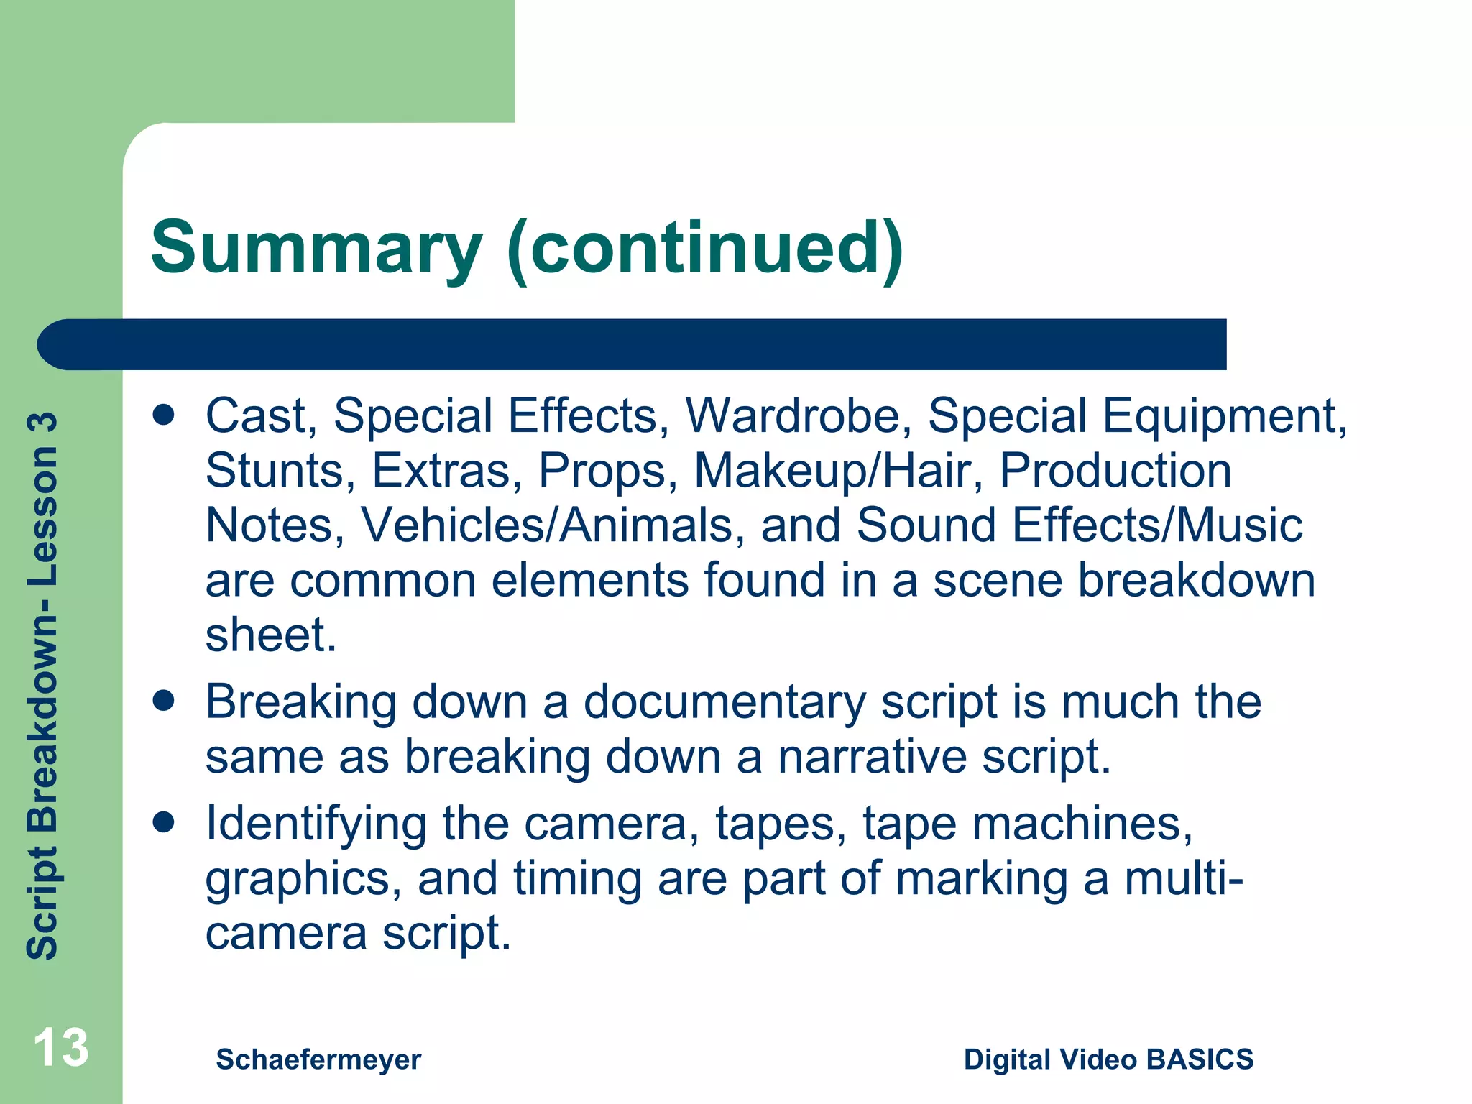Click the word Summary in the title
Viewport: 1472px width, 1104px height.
pos(316,248)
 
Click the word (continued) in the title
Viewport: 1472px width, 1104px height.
pos(704,248)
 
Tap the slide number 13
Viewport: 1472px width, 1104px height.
pos(61,1048)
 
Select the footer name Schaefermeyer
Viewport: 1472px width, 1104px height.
pos(318,1059)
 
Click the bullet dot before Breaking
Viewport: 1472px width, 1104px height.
pos(164,701)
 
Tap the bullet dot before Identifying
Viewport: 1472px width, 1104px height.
pos(164,823)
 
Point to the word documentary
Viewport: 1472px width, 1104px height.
pos(724,702)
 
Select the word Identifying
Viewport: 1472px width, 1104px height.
pos(316,824)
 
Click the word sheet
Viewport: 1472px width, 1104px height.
pos(270,635)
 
